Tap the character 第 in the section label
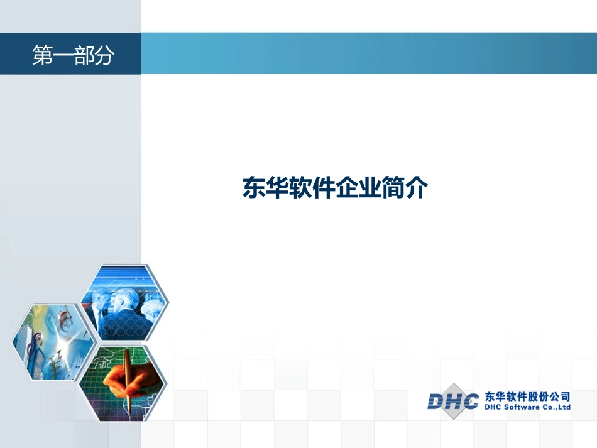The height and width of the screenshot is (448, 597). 42,56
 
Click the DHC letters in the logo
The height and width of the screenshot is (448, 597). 453,400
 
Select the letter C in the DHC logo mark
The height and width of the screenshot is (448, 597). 469,400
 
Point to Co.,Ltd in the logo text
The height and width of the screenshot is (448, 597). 556,407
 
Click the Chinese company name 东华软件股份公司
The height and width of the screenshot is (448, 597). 527,396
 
